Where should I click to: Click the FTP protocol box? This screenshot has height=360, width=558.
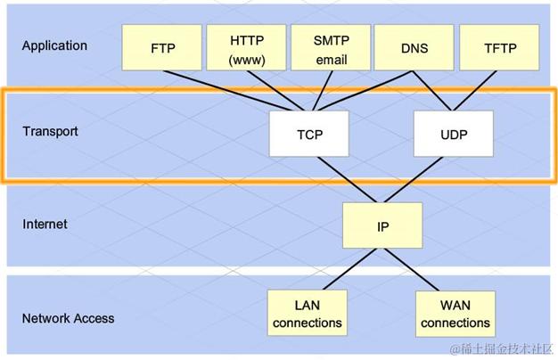[x=162, y=48]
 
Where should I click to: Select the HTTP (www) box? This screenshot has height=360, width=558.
[x=246, y=48]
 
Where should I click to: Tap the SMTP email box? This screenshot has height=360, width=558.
[x=330, y=48]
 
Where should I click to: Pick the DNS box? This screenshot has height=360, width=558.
[x=414, y=48]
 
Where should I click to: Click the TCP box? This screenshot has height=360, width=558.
[x=309, y=135]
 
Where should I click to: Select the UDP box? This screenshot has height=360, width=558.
[x=454, y=135]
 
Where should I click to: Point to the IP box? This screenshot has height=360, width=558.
[x=382, y=225]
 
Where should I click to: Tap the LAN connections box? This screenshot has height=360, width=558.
[x=308, y=313]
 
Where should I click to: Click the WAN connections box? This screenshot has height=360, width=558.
[x=455, y=313]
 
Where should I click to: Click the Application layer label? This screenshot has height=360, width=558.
[x=55, y=45]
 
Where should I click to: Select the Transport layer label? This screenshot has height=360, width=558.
[x=51, y=132]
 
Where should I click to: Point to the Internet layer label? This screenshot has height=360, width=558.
[x=45, y=224]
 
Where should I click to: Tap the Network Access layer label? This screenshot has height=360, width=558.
[x=69, y=318]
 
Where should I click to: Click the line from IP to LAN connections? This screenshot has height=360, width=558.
[x=345, y=268]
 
